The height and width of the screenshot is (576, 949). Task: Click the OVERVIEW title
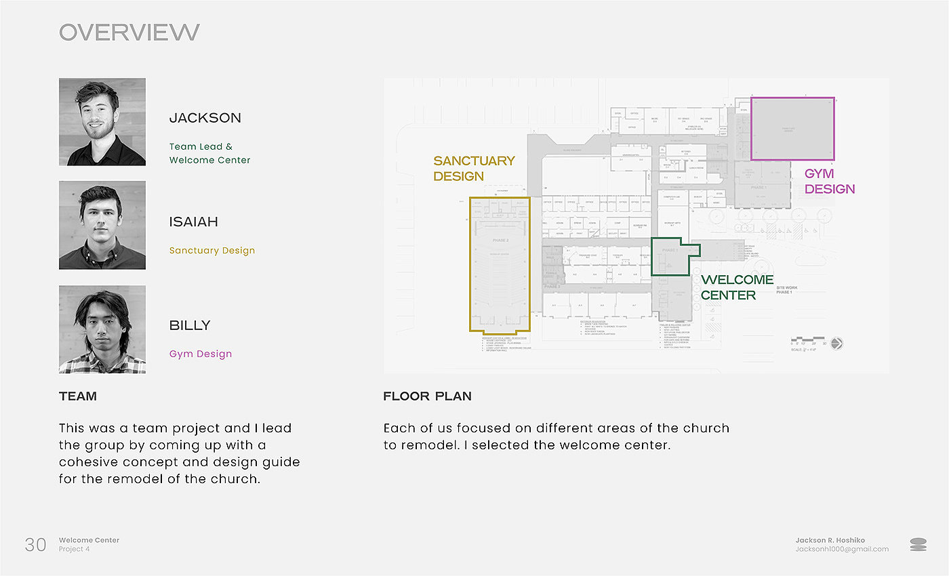coord(129,32)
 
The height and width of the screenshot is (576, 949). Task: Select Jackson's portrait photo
coord(102,122)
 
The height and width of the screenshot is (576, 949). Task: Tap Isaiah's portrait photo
coord(102,225)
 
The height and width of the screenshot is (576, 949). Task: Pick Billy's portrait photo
coord(102,329)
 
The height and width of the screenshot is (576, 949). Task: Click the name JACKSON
coord(205,118)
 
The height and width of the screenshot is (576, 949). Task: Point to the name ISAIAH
coord(193,222)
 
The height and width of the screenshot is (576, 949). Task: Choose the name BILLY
coord(190,325)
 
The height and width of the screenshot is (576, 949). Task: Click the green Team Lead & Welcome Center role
coord(209,153)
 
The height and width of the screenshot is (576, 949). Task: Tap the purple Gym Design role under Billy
coord(201,354)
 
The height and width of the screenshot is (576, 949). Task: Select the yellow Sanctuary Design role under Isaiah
coord(212,250)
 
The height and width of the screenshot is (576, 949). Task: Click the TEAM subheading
coord(78,396)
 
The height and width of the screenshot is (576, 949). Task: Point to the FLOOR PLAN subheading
coord(427,396)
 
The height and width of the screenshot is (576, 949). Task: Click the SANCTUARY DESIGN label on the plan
coord(474,169)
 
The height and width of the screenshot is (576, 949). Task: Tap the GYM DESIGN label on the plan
coord(829,182)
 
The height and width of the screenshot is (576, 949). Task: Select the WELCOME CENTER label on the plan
coord(737,287)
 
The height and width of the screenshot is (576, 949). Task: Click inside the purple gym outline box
coord(792,129)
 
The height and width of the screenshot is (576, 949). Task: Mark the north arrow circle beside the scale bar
coord(836,344)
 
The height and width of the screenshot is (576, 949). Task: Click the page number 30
coord(35,544)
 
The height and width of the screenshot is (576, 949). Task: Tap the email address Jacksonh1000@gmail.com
coord(842,549)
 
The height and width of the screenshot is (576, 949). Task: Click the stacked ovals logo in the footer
coord(918,544)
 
